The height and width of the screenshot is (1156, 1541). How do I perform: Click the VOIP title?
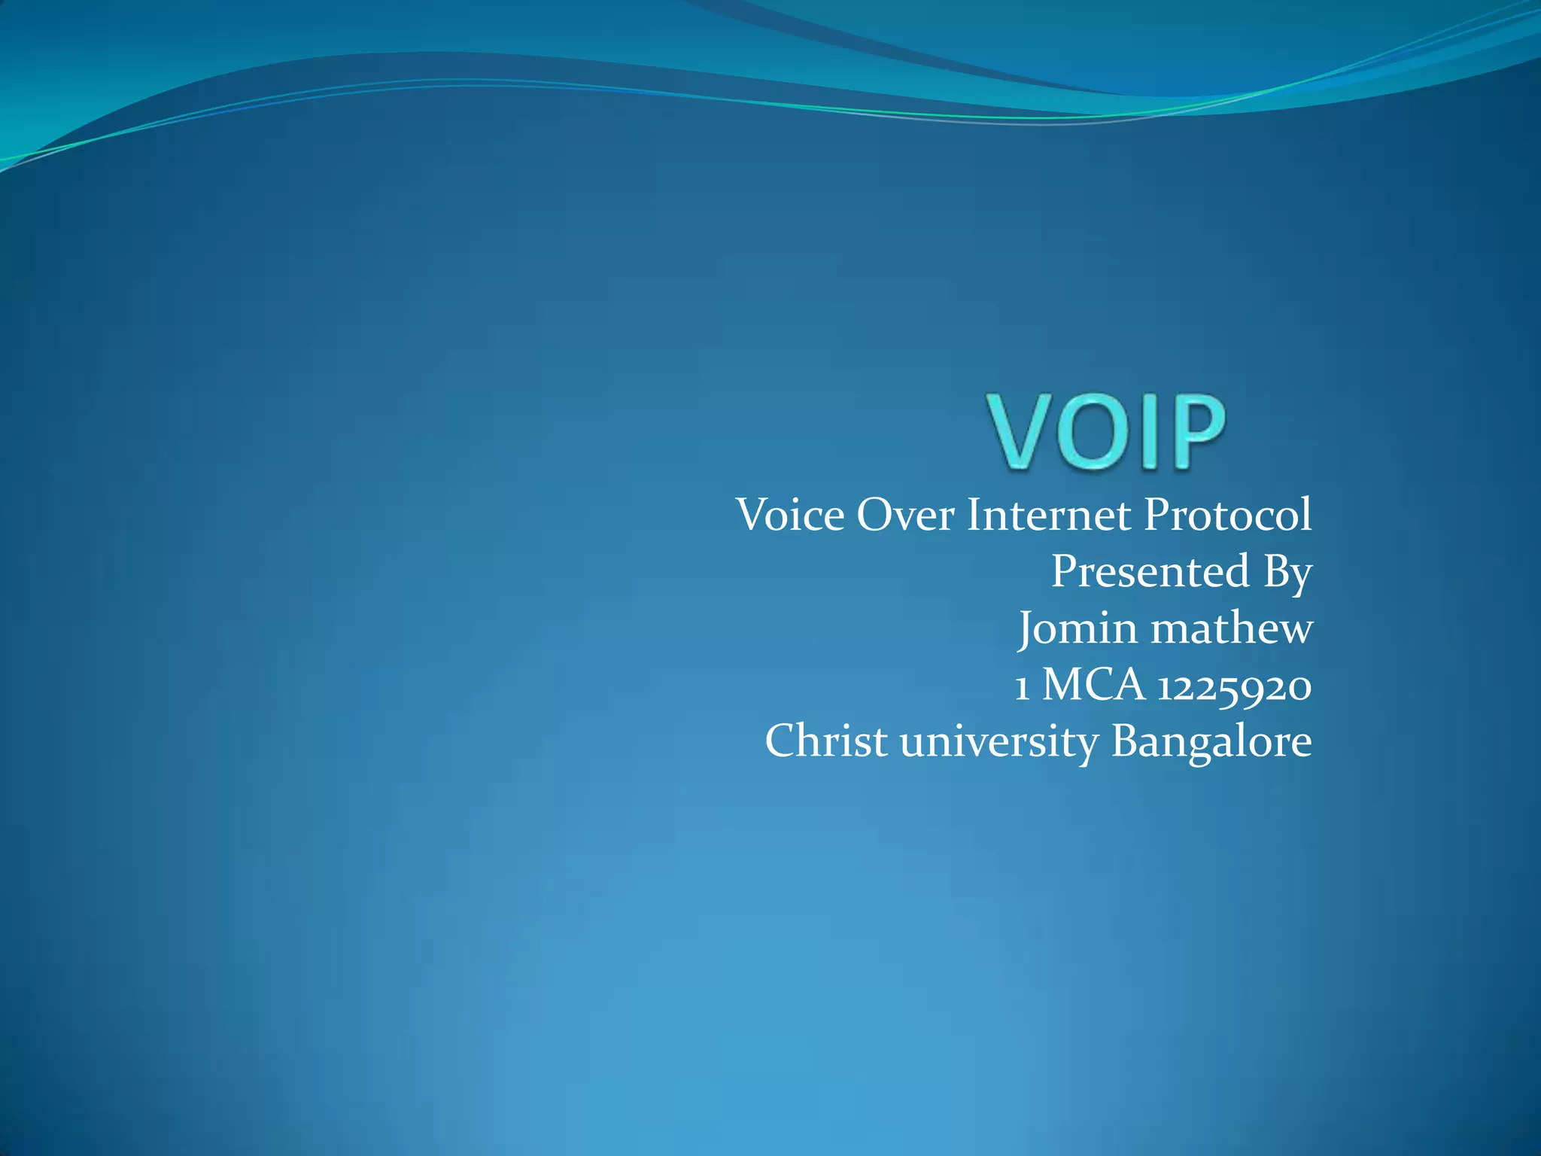click(1106, 432)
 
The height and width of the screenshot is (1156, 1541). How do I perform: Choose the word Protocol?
click(1227, 516)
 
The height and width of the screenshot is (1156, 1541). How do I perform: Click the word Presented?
click(1150, 571)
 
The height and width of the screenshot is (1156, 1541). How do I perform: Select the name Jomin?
click(1077, 628)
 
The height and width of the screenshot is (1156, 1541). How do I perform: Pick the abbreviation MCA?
click(1093, 685)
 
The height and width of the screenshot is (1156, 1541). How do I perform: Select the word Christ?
click(826, 741)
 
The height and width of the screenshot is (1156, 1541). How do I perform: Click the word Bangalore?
click(1211, 742)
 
